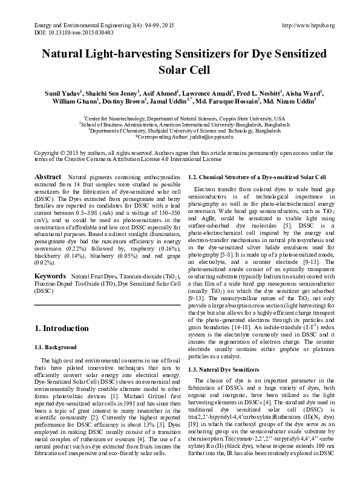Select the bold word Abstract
47,177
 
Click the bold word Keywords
50,277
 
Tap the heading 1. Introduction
62,329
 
